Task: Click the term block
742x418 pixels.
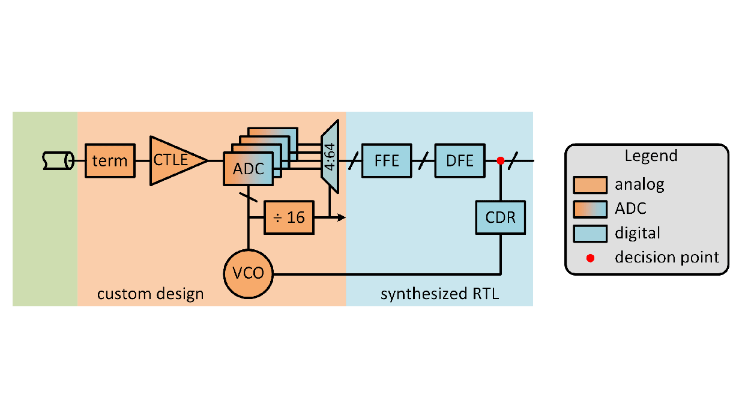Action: (x=110, y=160)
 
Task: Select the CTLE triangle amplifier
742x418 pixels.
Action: (x=174, y=160)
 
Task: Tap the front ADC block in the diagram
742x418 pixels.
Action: (x=248, y=169)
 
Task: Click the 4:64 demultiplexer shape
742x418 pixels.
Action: (x=331, y=154)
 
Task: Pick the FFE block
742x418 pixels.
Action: (x=387, y=160)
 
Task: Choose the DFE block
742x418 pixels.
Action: (x=459, y=160)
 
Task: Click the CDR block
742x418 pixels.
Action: (x=501, y=217)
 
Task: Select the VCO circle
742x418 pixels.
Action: (x=248, y=274)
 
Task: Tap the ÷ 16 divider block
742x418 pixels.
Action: (x=289, y=217)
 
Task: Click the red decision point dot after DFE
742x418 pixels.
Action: (x=500, y=160)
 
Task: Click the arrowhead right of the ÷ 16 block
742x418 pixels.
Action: (x=342, y=217)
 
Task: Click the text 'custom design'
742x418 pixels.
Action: (x=150, y=294)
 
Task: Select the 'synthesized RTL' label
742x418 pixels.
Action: (x=440, y=294)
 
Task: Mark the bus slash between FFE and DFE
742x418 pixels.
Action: (x=423, y=160)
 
